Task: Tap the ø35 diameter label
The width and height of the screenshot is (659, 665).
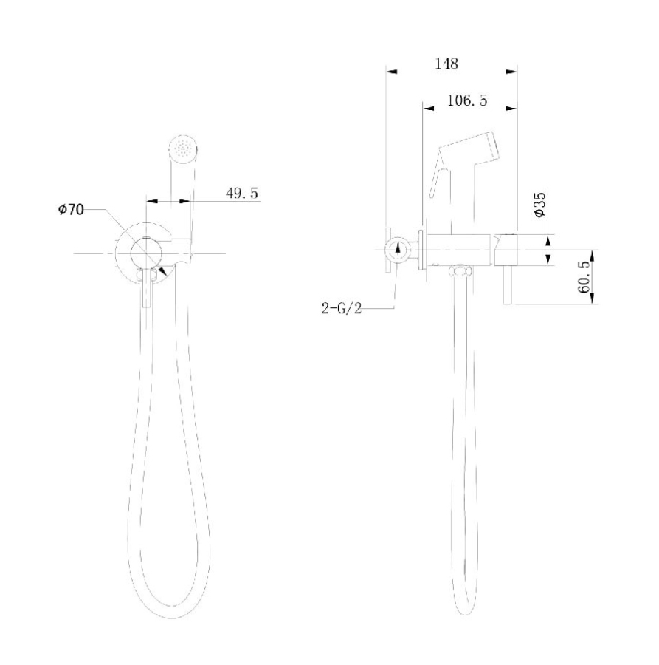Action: coord(539,203)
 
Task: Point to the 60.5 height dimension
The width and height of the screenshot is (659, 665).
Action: coord(584,277)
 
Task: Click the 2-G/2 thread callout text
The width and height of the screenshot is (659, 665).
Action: coord(342,309)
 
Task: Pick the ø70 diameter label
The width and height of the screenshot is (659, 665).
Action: coord(72,211)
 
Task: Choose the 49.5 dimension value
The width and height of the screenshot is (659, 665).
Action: coord(241,193)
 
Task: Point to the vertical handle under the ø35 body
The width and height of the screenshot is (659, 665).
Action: coord(508,285)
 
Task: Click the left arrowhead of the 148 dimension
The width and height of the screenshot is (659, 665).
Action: coord(392,72)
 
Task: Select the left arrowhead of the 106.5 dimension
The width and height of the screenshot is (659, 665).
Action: coord(428,108)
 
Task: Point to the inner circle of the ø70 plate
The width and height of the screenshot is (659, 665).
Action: coord(147,253)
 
